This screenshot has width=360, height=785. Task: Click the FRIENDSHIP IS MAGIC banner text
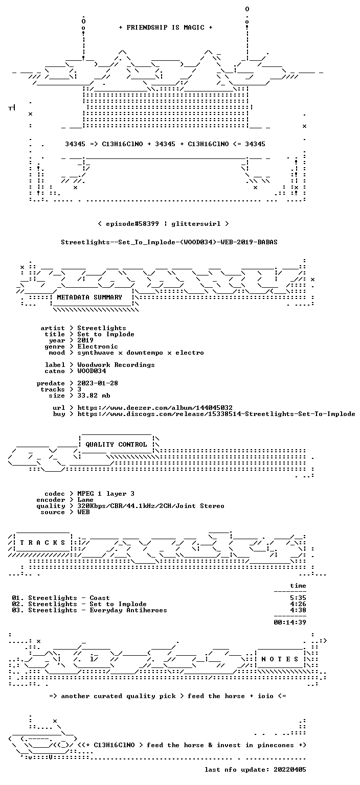pos(166,28)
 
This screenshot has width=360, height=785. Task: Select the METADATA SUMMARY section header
pos(89,297)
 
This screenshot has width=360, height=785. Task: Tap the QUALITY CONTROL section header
pos(116,445)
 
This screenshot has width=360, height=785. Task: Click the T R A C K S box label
pos(42,543)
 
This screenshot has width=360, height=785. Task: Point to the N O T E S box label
pos(279,659)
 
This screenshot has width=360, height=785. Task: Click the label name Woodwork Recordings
pos(116,365)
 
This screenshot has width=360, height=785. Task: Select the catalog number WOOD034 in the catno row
pos(92,371)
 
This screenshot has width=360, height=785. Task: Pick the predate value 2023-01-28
pos(98,383)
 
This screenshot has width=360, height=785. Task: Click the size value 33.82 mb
pos(94,396)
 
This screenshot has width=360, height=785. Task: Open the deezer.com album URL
pos(155,408)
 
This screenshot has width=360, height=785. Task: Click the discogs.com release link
pos(216,414)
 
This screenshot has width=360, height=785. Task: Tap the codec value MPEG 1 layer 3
pos(106,494)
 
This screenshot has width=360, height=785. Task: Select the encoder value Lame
pos(85,500)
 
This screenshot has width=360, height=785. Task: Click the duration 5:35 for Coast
pos(298,598)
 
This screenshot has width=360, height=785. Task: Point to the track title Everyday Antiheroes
pos(128,611)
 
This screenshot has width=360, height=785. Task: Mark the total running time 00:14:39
pos(290,623)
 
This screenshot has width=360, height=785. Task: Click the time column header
pos(298,586)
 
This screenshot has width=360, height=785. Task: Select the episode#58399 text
pos(132,224)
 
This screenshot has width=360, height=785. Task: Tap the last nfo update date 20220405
pos(290,770)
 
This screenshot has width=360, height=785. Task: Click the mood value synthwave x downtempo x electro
pos(141,353)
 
